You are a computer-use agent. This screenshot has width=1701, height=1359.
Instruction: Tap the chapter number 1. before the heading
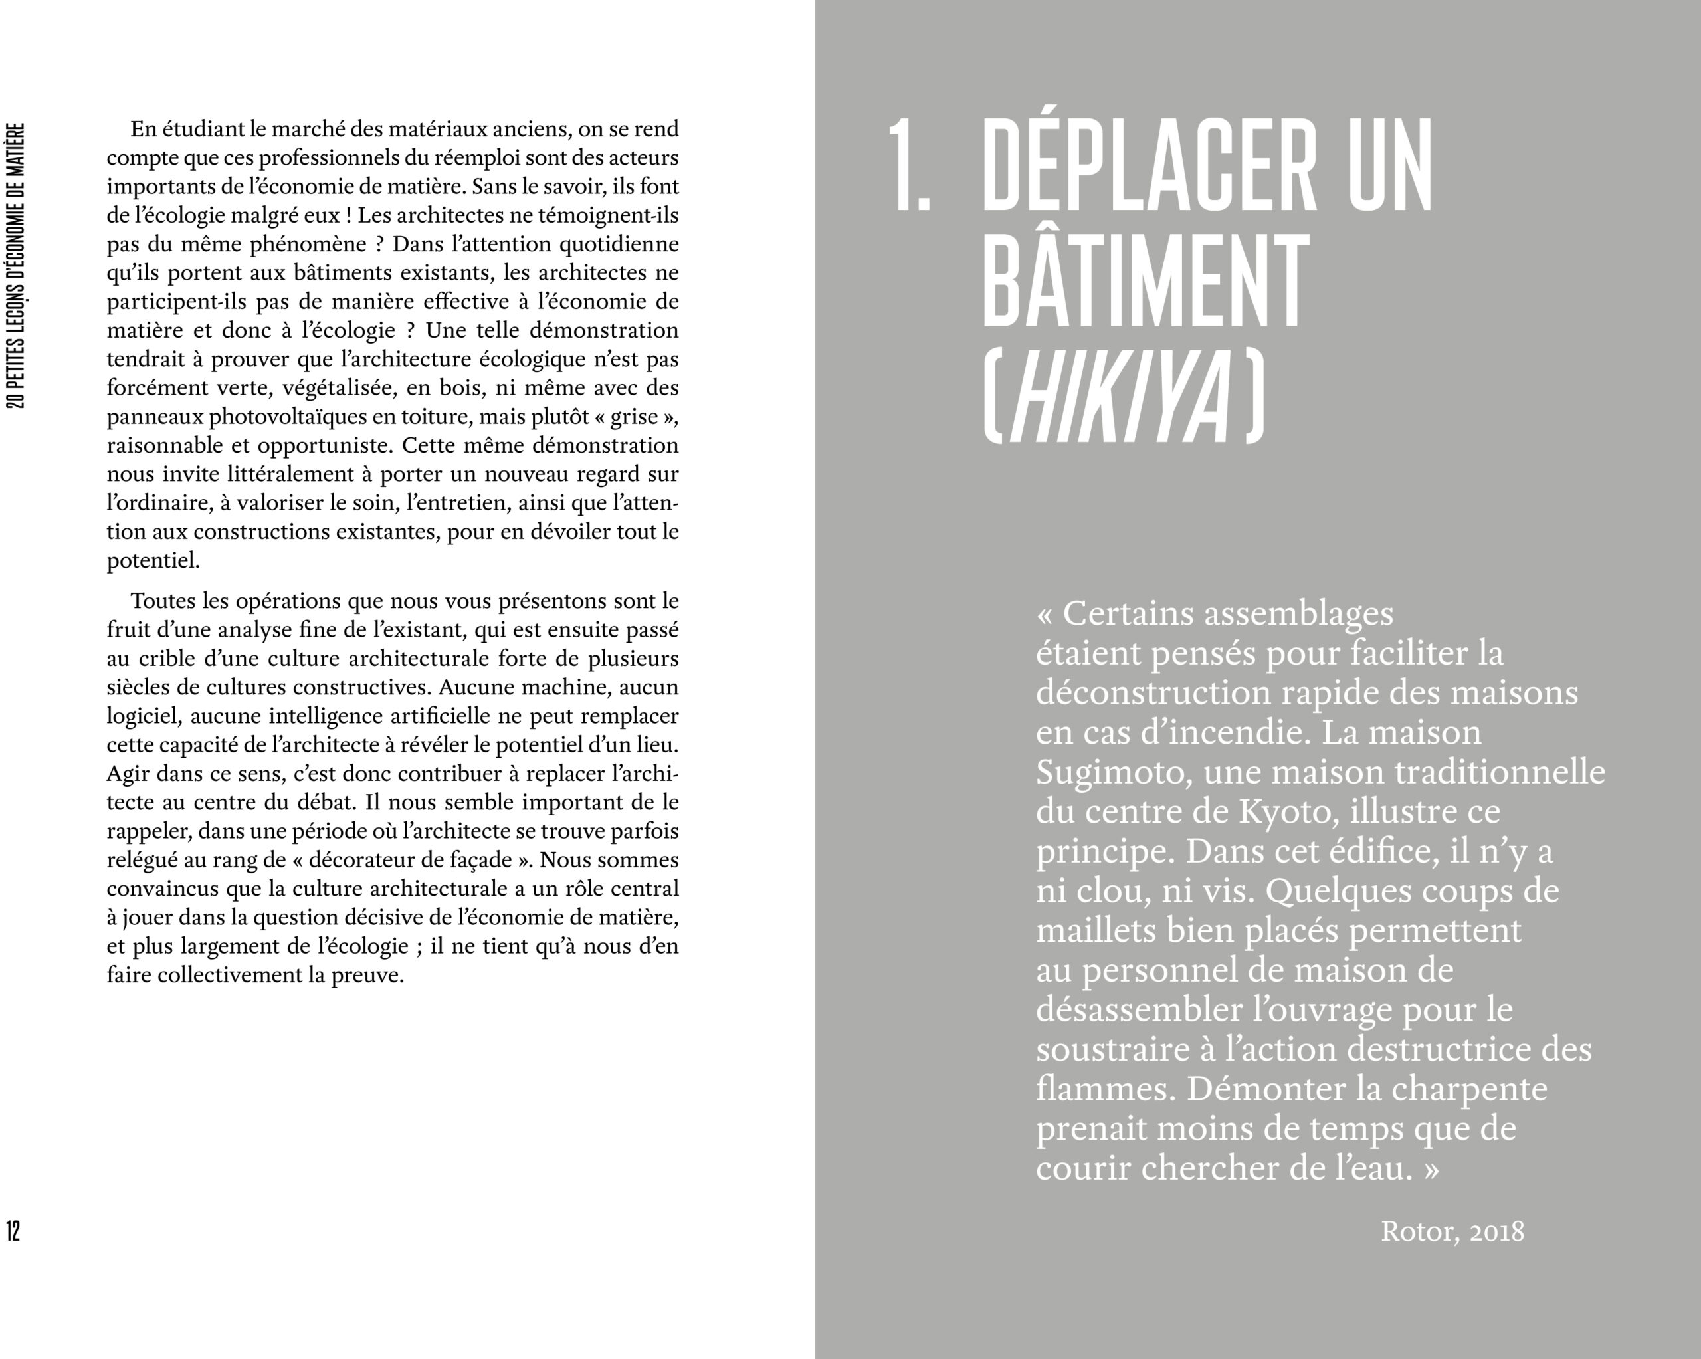[x=909, y=165]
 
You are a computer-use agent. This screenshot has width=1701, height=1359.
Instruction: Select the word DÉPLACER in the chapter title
[x=1149, y=165]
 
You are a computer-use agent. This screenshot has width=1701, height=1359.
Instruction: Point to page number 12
[x=13, y=1231]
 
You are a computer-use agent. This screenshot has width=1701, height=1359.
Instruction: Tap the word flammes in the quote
[x=1102, y=1089]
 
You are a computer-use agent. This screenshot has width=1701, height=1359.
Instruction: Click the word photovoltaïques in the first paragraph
[x=289, y=417]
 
